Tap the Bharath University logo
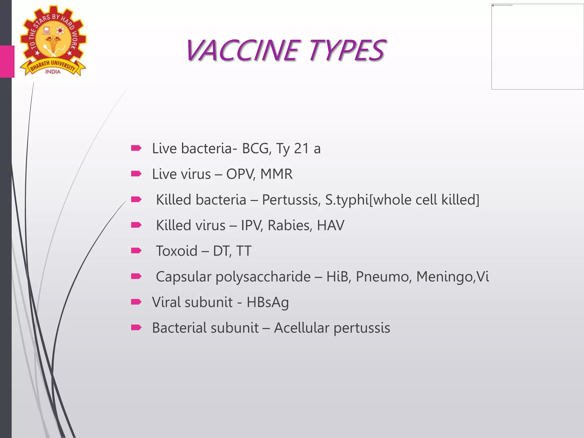[53, 41]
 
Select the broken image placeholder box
[538, 47]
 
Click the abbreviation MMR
[276, 174]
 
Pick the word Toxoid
[177, 251]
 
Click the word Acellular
[302, 328]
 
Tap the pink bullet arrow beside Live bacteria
[136, 148]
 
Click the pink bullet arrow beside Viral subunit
[136, 302]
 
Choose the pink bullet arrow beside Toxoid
[136, 251]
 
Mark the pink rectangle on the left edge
[7, 62]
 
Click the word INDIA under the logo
[53, 72]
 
